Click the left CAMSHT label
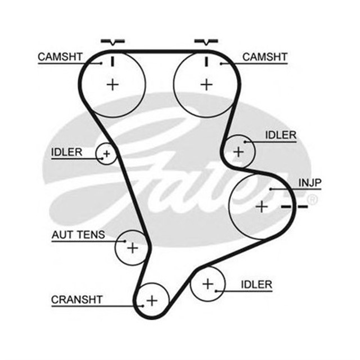(x=61, y=57)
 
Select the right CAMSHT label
(x=264, y=57)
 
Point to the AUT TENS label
(x=78, y=235)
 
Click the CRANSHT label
(x=76, y=299)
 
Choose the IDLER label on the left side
(x=66, y=152)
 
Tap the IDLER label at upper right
(x=281, y=135)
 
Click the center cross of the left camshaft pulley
(x=113, y=84)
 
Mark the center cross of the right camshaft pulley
(x=207, y=84)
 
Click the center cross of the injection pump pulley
(x=262, y=206)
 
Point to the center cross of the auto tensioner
(x=132, y=247)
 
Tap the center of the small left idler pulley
(x=106, y=152)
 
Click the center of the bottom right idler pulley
(x=208, y=284)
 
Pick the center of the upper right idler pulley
(x=238, y=151)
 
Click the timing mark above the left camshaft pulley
(x=113, y=42)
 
